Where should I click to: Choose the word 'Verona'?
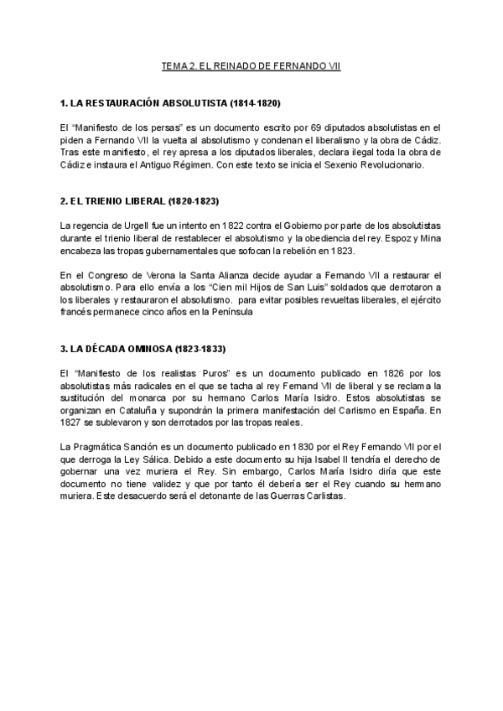[148, 274]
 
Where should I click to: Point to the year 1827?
[75, 423]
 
